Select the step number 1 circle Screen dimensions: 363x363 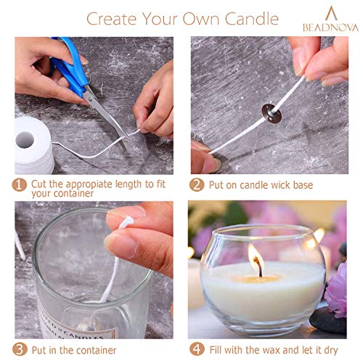[22, 185]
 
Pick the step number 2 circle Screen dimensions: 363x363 [196, 185]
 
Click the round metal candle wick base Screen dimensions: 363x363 [263, 113]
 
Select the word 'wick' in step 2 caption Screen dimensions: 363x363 [271, 185]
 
